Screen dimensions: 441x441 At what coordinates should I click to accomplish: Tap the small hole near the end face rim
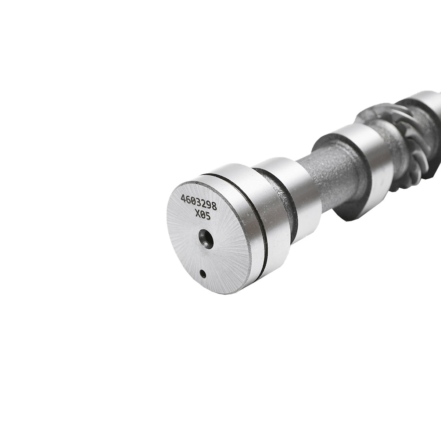point(202,273)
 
